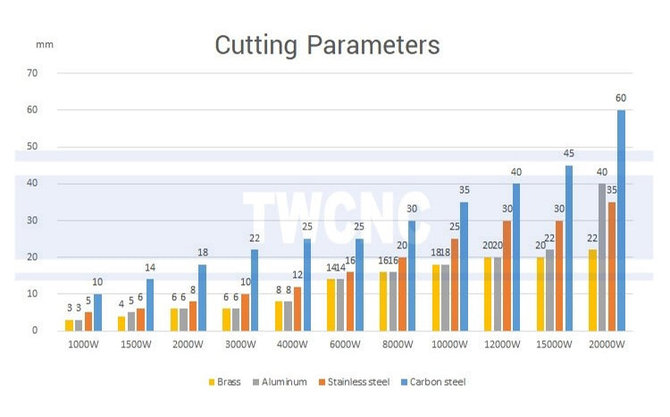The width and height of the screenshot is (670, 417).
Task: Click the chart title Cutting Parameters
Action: [x=327, y=45]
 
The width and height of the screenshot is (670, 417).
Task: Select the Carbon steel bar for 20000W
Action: [x=621, y=220]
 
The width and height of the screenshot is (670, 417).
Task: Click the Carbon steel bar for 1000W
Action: [x=97, y=312]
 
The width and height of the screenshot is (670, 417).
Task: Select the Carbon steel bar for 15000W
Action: [x=568, y=247]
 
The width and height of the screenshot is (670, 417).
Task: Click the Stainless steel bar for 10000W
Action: [x=455, y=284]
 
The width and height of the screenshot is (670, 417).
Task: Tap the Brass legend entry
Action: [x=225, y=382]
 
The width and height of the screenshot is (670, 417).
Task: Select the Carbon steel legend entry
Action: [x=435, y=382]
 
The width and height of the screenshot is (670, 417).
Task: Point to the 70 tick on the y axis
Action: [x=33, y=73]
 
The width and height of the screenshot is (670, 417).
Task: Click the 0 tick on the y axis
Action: [x=36, y=330]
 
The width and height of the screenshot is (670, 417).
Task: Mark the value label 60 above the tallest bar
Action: [x=621, y=98]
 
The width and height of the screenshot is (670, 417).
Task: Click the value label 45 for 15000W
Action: [x=568, y=154]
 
